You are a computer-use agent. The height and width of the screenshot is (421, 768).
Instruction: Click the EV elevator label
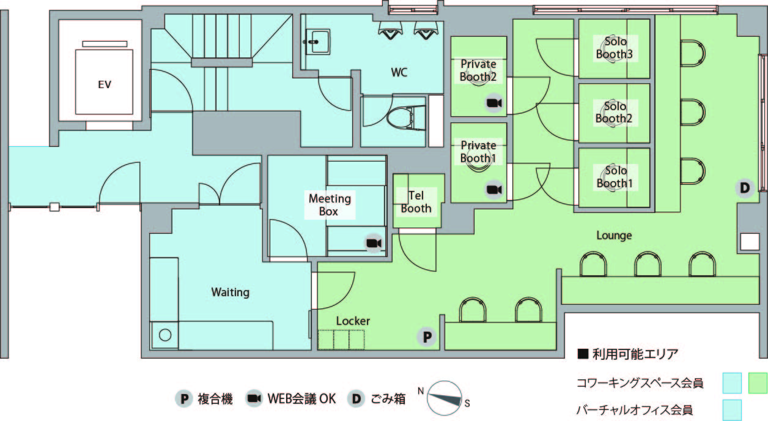(105, 84)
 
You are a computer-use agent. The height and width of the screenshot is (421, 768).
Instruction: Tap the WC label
(399, 72)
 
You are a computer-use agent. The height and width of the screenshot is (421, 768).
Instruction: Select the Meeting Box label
(330, 205)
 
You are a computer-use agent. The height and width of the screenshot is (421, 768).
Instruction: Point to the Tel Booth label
(416, 202)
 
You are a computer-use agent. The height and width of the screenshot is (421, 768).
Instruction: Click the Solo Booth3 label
(615, 48)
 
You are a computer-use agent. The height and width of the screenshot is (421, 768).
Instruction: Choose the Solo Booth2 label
(614, 112)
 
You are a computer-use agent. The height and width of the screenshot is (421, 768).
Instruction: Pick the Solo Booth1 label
(615, 177)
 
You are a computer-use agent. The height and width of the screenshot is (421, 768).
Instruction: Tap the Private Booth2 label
(478, 70)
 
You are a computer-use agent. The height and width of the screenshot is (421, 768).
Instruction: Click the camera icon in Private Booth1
(495, 190)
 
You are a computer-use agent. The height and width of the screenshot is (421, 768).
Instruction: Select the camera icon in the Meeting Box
(374, 244)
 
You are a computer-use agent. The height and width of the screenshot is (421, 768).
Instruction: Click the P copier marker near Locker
(427, 337)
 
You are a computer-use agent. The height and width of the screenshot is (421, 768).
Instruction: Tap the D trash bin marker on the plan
(745, 188)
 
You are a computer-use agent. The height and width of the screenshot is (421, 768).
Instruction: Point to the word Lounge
(614, 236)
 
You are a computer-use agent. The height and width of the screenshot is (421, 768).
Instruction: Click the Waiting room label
(231, 292)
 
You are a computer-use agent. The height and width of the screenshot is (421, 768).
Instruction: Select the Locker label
(353, 321)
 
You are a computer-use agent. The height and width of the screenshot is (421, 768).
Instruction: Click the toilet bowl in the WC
(401, 117)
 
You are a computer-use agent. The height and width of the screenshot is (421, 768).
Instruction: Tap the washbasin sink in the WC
(318, 42)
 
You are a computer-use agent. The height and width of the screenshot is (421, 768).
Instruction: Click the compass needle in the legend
(445, 398)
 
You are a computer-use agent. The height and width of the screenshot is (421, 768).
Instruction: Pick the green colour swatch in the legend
(757, 383)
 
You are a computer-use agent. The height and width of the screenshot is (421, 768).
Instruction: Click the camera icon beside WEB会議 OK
(254, 398)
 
